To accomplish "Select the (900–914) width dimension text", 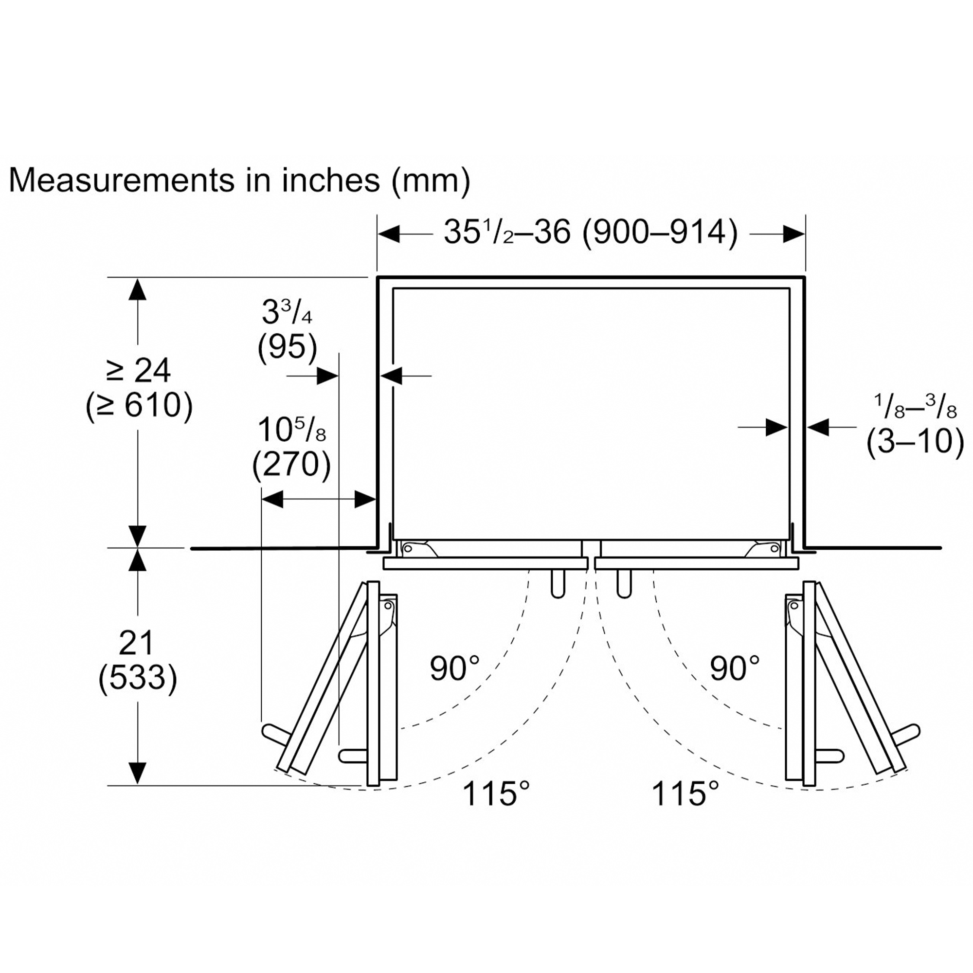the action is click(x=660, y=233).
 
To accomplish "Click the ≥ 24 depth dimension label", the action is click(x=139, y=371).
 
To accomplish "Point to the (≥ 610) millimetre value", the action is click(x=139, y=406).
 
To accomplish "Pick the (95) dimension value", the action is click(x=288, y=347).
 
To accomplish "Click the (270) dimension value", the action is click(x=291, y=464).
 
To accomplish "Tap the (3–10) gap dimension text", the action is click(x=915, y=442).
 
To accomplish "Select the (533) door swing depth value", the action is click(x=138, y=678).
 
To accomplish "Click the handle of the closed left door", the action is click(x=558, y=584).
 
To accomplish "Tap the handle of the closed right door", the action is click(x=624, y=584).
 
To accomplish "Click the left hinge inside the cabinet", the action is click(x=417, y=548).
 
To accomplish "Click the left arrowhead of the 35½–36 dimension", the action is click(x=389, y=234).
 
